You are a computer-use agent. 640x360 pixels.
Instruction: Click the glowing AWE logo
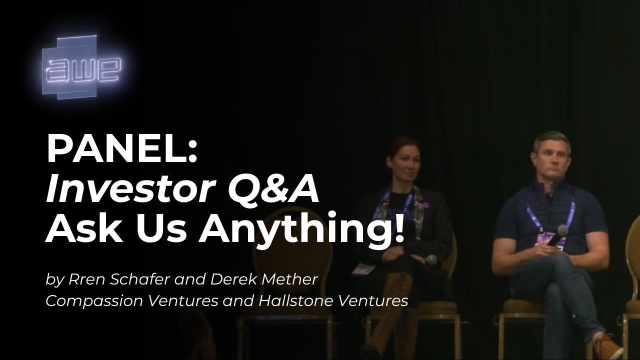click(x=81, y=67)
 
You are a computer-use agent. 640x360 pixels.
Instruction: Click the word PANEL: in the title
click(x=122, y=149)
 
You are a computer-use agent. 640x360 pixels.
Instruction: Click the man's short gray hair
click(x=551, y=140)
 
